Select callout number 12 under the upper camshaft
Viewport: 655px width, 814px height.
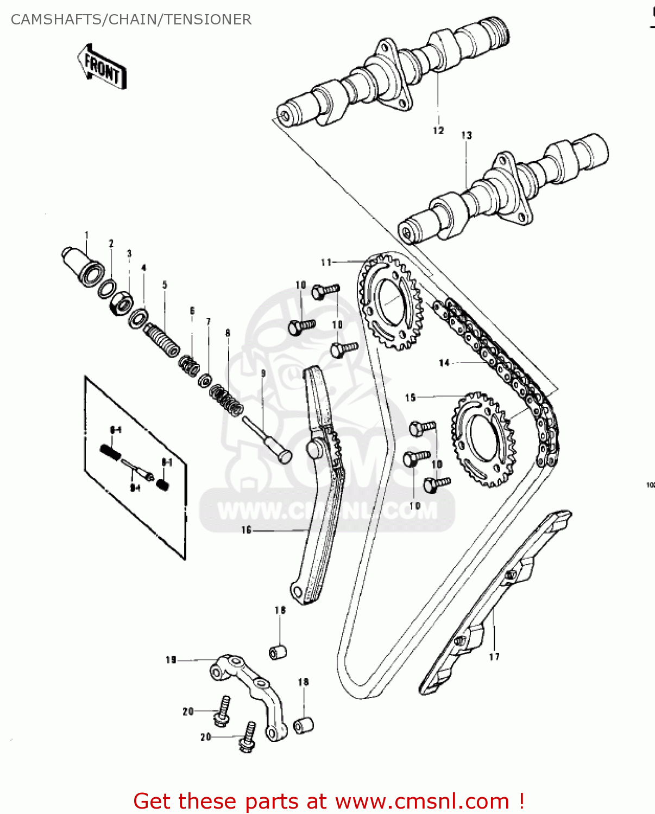[x=438, y=131]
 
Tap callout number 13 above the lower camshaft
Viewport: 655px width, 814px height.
[x=467, y=135]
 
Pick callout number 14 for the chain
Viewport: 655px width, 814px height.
[x=444, y=363]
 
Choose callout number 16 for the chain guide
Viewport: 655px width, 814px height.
[x=247, y=530]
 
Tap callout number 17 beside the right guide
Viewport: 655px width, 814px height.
[x=494, y=657]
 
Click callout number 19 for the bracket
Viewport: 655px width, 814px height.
[x=171, y=660]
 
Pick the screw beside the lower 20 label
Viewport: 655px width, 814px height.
[x=248, y=736]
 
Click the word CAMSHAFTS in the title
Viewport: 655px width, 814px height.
[x=55, y=20]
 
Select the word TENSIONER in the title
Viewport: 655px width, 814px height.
[x=208, y=20]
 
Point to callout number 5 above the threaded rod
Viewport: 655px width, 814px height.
[x=165, y=284]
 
